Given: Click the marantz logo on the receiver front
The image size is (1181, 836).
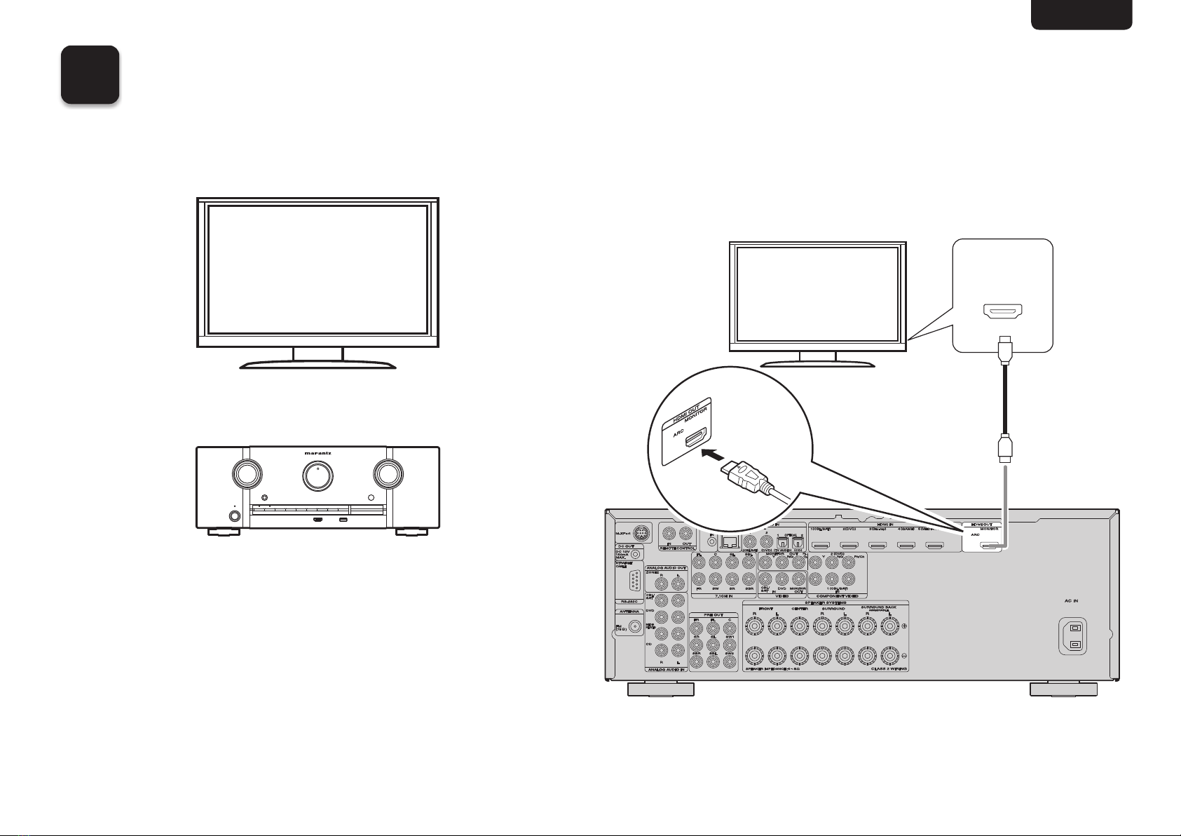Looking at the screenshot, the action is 318,453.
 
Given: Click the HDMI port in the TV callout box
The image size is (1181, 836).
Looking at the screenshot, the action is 1003,311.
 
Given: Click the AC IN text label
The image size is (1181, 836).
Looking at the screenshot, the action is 1071,601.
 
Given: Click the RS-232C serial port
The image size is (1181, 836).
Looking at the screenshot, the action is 634,583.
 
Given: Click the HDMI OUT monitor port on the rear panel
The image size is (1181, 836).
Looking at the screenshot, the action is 989,545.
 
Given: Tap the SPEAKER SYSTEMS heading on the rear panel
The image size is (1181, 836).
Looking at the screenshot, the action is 826,603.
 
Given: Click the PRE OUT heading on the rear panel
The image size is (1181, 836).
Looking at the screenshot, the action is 714,614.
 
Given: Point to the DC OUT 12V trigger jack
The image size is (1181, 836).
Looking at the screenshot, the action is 636,553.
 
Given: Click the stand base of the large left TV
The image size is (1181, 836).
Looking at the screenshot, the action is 318,364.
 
